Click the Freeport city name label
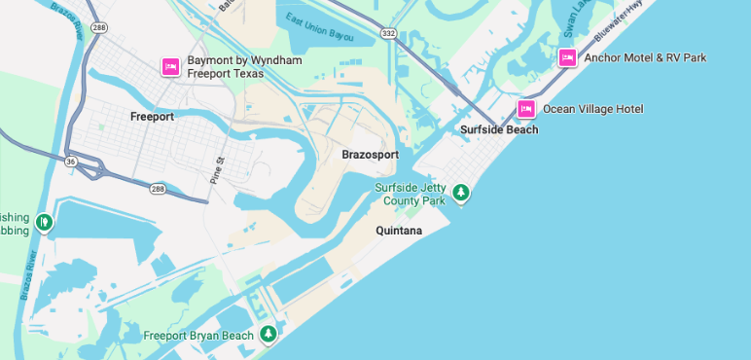(x=152, y=117)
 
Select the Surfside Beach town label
(x=499, y=129)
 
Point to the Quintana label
(x=399, y=231)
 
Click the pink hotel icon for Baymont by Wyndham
(x=170, y=66)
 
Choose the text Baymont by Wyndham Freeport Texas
(x=244, y=66)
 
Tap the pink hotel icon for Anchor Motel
(x=567, y=57)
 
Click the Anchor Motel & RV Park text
(x=645, y=57)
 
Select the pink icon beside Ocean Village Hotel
(x=526, y=108)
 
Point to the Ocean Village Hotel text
(x=592, y=109)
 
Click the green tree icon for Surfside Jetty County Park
(x=462, y=193)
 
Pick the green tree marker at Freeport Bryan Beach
(x=268, y=335)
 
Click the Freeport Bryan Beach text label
(x=198, y=336)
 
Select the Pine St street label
(x=218, y=170)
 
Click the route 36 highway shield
(x=71, y=161)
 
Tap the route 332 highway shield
(x=388, y=33)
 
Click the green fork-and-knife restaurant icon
(x=43, y=223)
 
